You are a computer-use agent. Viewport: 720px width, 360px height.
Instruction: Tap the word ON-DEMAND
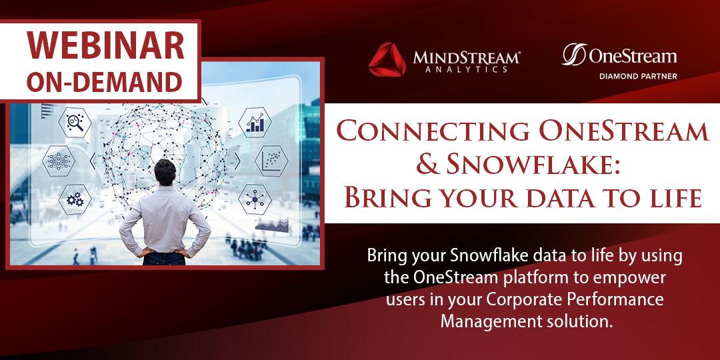pyautogui.click(x=106, y=81)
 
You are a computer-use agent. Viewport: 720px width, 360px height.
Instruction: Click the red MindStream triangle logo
pyautogui.click(x=387, y=60)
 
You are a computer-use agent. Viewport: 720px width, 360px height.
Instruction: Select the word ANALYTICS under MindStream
pyautogui.click(x=466, y=69)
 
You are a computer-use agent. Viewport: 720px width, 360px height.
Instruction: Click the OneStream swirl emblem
pyautogui.click(x=573, y=55)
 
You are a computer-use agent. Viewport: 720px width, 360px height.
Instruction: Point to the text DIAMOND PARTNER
pyautogui.click(x=637, y=76)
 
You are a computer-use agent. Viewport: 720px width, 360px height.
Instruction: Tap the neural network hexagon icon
pyautogui.click(x=57, y=160)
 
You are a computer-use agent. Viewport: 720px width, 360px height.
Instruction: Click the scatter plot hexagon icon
pyautogui.click(x=271, y=160)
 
